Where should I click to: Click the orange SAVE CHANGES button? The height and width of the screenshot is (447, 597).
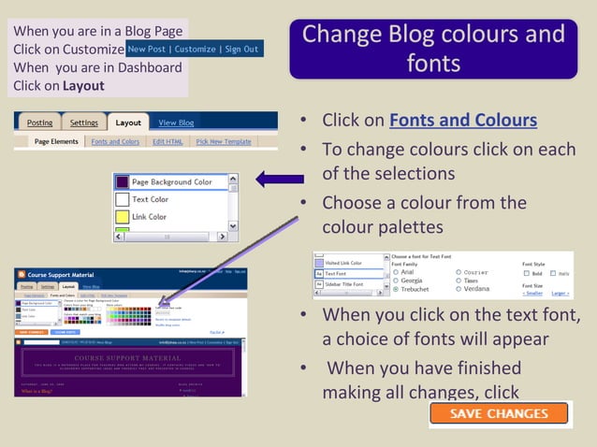point(500,413)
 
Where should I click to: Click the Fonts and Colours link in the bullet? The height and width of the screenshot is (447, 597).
point(462,121)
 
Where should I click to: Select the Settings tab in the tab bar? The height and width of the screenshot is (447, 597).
point(83,123)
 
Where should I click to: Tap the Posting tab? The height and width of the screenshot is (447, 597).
point(39,123)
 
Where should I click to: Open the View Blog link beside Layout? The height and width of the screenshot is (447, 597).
point(176,123)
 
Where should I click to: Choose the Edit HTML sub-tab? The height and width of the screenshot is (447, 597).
point(168,141)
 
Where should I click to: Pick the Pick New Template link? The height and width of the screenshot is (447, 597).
point(223,141)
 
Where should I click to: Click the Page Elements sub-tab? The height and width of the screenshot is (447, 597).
point(56,141)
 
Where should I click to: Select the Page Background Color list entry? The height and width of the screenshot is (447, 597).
point(171,182)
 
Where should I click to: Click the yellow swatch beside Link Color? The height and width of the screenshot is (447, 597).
point(122,218)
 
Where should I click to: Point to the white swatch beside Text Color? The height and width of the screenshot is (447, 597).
point(122,200)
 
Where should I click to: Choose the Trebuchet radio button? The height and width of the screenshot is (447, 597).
point(396,290)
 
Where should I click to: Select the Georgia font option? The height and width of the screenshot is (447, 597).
point(396,281)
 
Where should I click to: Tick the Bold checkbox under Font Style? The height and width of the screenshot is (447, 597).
point(527,273)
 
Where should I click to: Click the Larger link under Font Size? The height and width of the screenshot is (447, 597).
point(560,293)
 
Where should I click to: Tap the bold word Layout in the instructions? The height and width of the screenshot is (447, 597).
point(83,86)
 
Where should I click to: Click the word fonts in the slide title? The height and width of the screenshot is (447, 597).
point(433,63)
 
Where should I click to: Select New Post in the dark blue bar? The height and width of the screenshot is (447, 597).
point(147,49)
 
